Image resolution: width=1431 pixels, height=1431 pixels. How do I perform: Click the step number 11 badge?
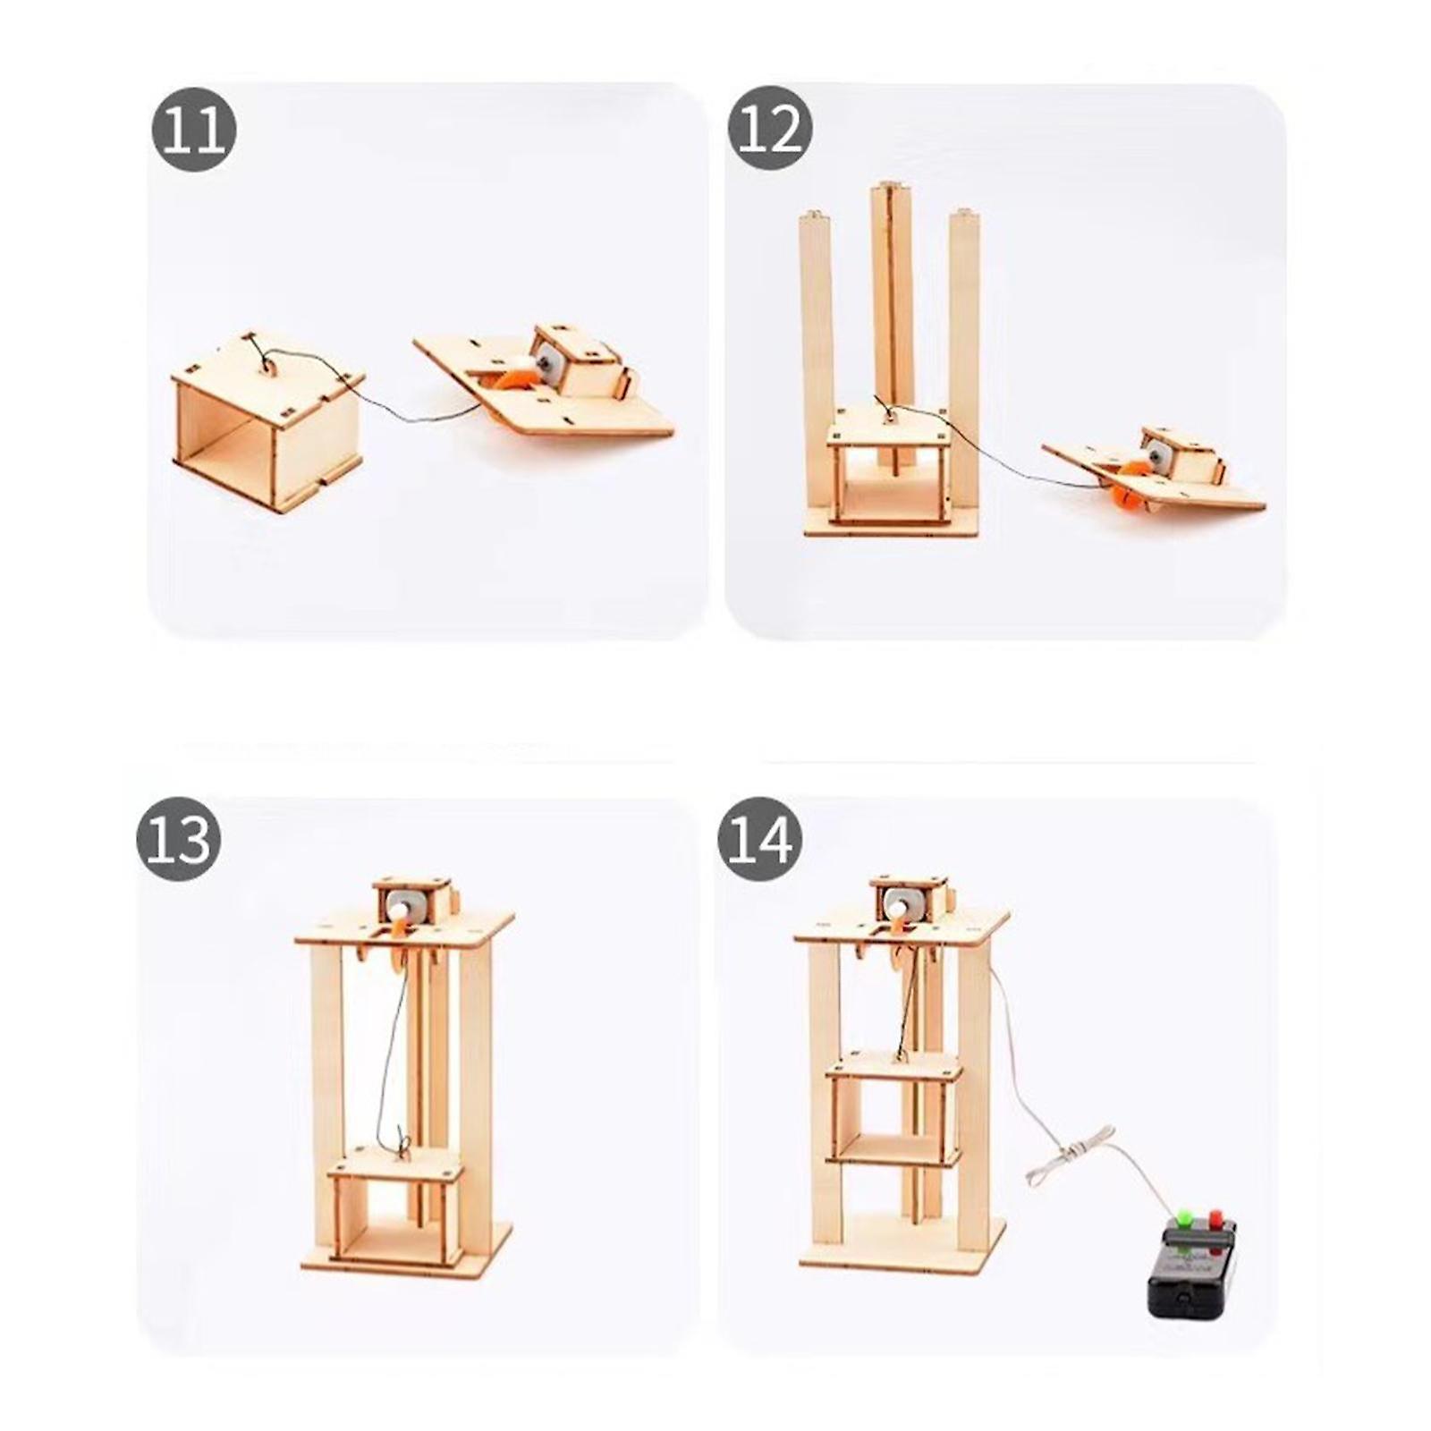tap(193, 135)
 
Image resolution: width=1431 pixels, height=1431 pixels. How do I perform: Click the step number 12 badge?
tap(770, 131)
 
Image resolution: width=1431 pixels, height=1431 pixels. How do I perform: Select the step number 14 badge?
tap(759, 840)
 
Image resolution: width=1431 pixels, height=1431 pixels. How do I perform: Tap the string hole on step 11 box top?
tap(267, 365)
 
